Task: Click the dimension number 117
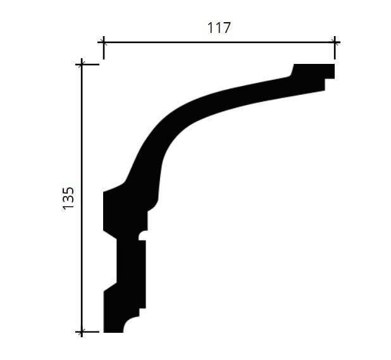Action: (x=219, y=28)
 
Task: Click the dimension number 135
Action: (x=68, y=199)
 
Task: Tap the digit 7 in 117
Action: (x=227, y=28)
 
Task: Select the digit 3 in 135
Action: (x=68, y=200)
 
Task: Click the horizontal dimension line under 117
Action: (x=219, y=42)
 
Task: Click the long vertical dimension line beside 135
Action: (x=82, y=198)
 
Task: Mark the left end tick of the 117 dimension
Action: (x=104, y=47)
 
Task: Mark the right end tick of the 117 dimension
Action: (x=335, y=47)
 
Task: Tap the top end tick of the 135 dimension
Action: (x=82, y=65)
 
